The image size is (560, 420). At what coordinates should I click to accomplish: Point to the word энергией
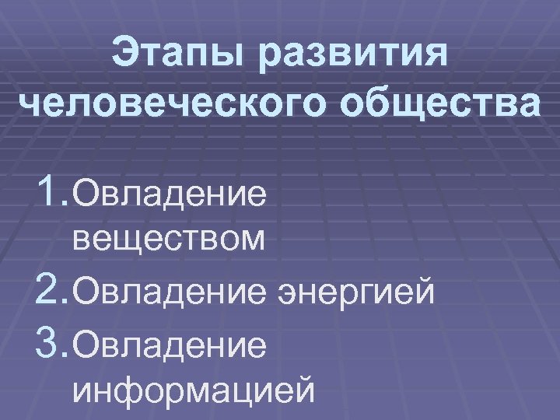click(355, 293)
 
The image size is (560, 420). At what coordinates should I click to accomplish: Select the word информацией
click(194, 389)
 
